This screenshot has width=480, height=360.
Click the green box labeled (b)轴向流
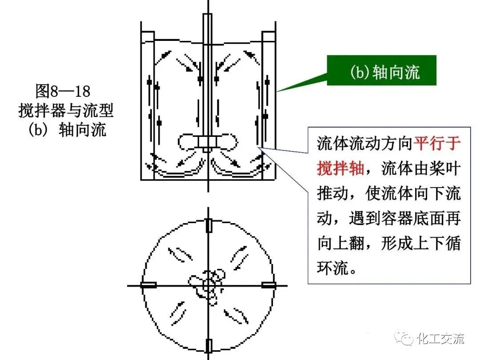382,71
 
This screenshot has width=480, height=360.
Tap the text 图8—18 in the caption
63,92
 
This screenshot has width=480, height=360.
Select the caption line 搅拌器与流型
66,111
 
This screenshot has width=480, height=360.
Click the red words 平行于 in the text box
438,143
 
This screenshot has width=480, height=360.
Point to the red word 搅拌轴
340,168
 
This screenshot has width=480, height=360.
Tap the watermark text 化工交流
441,339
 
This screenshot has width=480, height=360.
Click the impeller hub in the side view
207,142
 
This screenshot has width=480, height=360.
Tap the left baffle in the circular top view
148,285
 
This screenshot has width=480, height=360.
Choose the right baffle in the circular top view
268,285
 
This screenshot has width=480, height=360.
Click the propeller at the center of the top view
207,285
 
